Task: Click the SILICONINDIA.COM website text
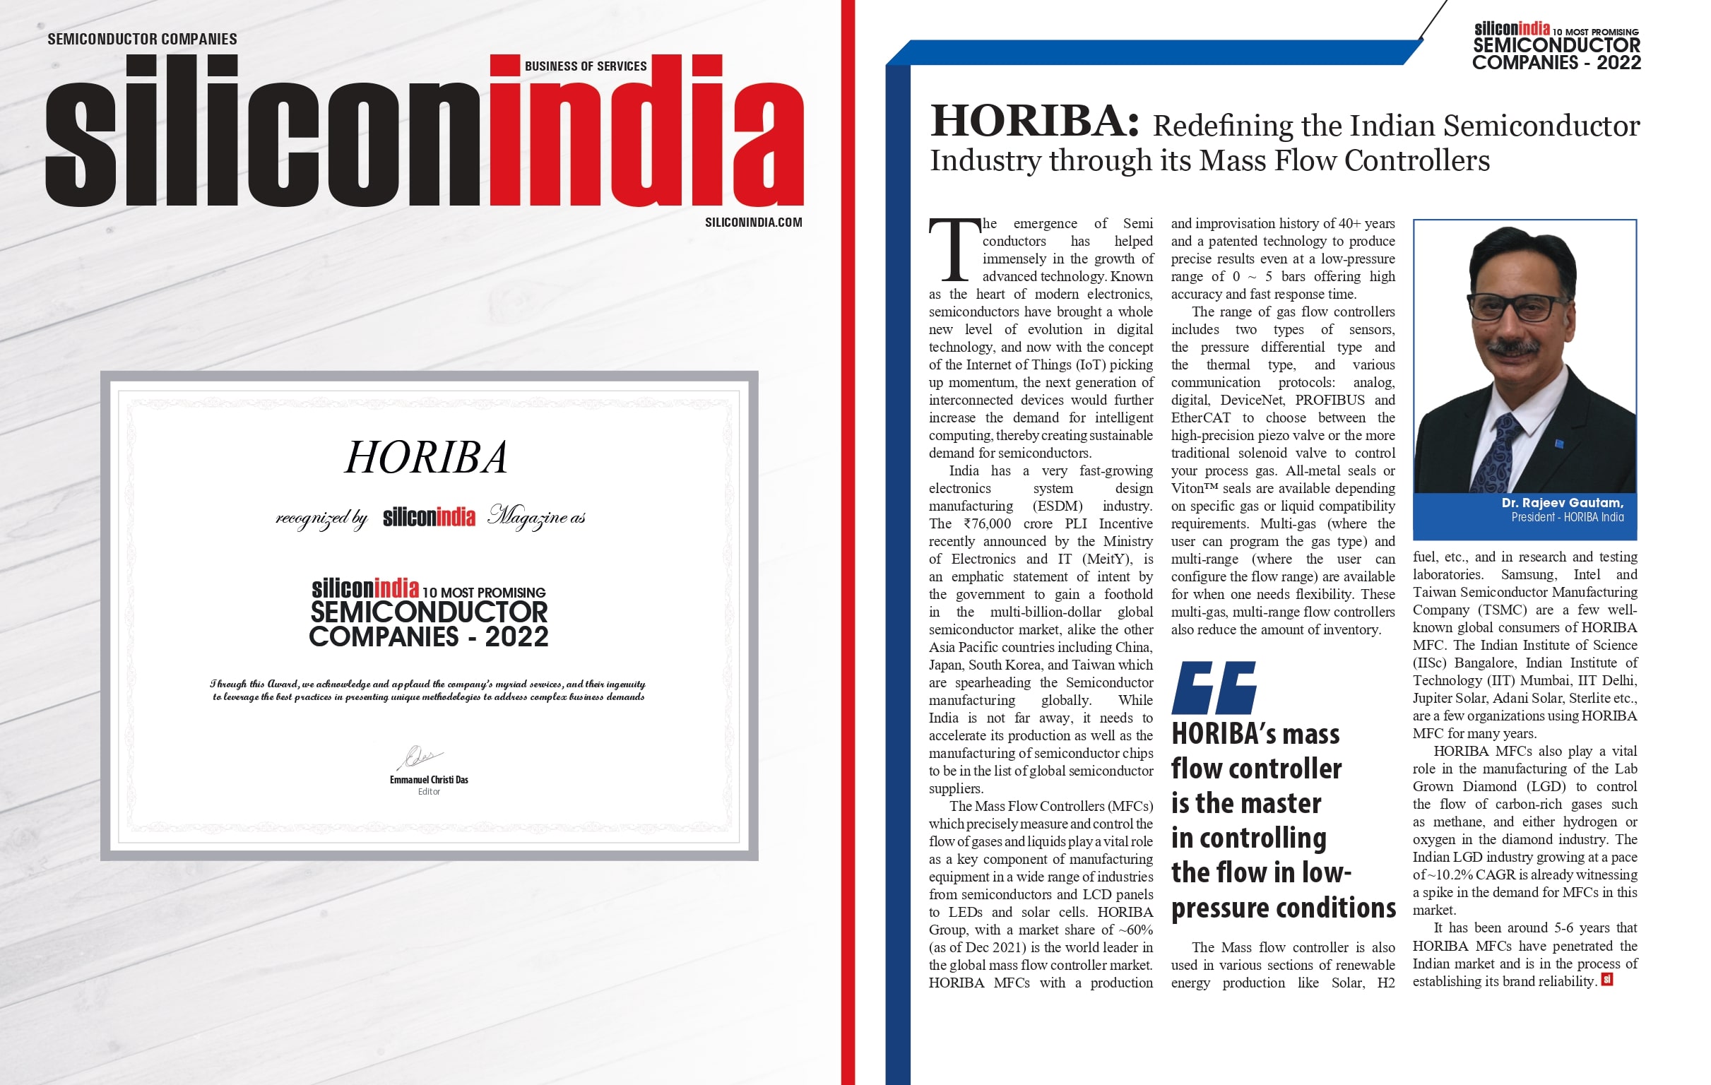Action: (753, 223)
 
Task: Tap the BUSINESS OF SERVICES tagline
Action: (586, 66)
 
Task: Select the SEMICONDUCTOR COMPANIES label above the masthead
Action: (142, 39)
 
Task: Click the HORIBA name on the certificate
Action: (426, 457)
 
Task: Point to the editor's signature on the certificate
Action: (421, 757)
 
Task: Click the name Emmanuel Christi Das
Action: (429, 779)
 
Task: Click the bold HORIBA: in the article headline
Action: (1034, 121)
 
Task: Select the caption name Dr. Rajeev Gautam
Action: (1562, 502)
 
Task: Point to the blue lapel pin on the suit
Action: (1559, 444)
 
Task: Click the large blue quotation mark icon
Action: (1214, 687)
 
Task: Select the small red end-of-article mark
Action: (1606, 979)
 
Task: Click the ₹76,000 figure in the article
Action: (986, 523)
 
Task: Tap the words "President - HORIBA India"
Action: (1567, 517)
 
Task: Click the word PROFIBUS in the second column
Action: (1330, 400)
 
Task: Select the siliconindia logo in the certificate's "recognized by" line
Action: (429, 517)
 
